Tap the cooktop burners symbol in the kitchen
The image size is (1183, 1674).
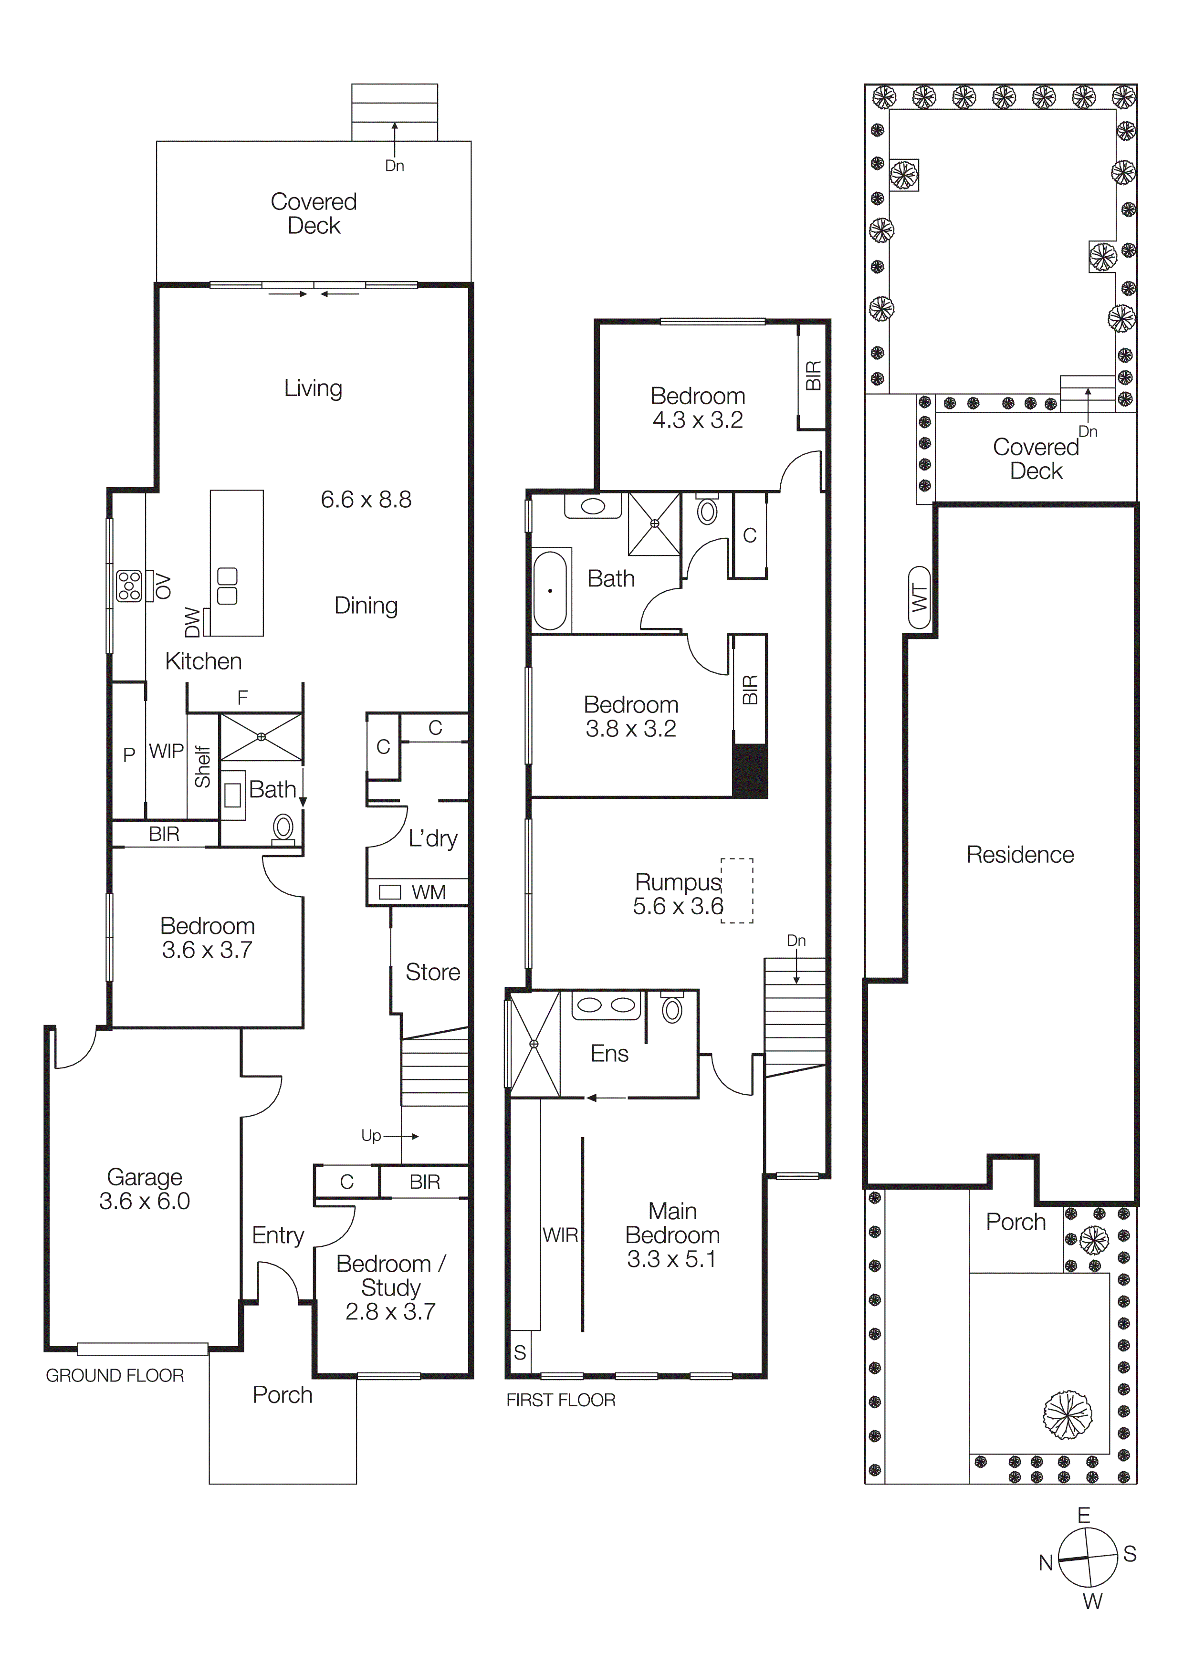(129, 586)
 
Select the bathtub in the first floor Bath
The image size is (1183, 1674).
(550, 591)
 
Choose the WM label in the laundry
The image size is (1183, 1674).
(428, 892)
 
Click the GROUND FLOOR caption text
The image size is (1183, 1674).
(115, 1376)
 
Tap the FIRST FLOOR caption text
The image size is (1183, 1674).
(561, 1400)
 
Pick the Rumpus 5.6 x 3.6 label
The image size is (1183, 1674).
(677, 893)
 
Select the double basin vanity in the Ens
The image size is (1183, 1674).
(605, 1006)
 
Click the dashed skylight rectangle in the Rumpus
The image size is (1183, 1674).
(737, 891)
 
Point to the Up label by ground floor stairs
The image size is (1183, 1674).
(371, 1135)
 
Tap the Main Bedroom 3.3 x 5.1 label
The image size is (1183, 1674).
(672, 1235)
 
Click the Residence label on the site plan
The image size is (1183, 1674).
(1020, 855)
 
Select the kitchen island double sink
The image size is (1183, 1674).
(228, 586)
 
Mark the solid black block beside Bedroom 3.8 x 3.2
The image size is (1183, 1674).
(749, 771)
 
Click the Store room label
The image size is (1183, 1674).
(432, 972)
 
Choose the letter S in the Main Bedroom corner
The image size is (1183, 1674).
(520, 1352)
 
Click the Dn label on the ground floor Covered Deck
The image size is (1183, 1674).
(394, 166)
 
